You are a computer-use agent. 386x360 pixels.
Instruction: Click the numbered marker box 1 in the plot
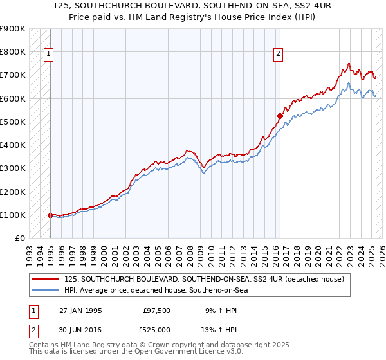pos(48,55)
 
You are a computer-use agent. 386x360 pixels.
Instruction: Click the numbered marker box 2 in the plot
pos(279,55)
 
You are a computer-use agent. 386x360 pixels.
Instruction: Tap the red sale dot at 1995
pos(50,215)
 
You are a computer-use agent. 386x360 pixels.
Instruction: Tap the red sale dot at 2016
pos(280,116)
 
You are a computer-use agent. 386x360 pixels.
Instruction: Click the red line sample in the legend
pos(46,279)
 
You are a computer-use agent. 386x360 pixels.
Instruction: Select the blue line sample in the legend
pos(46,290)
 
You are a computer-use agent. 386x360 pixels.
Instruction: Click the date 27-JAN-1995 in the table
pos(80,310)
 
